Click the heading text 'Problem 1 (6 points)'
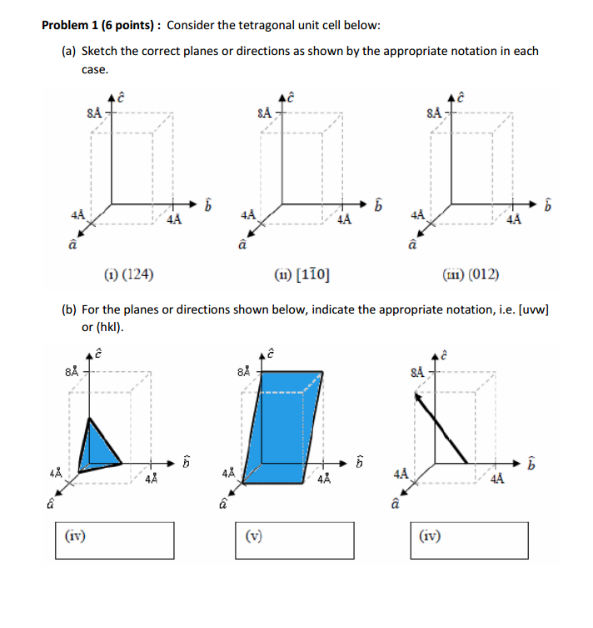(x=98, y=25)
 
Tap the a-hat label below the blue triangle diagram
(x=50, y=504)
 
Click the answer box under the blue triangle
(x=116, y=540)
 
